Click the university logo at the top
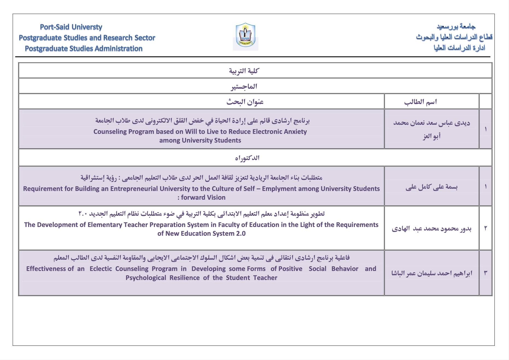coord(245,36)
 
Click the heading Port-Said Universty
coord(71,27)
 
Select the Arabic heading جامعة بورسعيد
coord(456,26)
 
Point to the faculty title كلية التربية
coord(244,71)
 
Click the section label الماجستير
coord(244,87)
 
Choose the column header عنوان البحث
coord(245,102)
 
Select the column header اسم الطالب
coord(420,102)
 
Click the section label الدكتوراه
coord(247,158)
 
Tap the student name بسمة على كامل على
coord(431,187)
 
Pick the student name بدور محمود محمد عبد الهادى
coord(431,229)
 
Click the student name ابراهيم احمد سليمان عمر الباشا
coord(431,273)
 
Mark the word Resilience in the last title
coord(185,278)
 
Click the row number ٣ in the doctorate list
coord(485,273)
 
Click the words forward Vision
coord(203,197)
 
